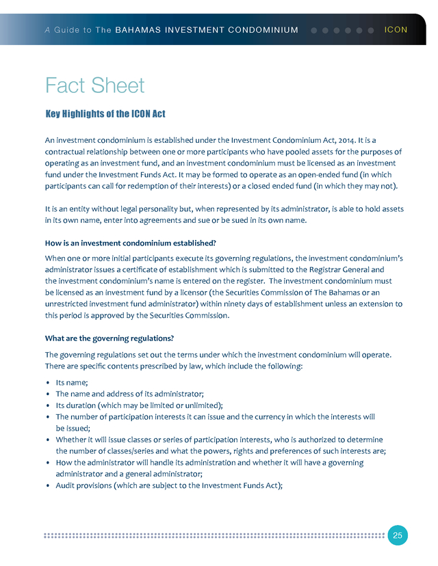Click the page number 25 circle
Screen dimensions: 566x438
pyautogui.click(x=398, y=535)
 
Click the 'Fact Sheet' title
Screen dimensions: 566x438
pyautogui.click(x=94, y=85)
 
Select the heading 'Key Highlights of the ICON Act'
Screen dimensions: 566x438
pyautogui.click(x=105, y=113)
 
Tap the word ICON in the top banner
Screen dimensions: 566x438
pyautogui.click(x=396, y=30)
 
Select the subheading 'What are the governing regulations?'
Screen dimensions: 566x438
pyautogui.click(x=109, y=338)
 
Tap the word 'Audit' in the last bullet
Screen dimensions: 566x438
pyautogui.click(x=66, y=485)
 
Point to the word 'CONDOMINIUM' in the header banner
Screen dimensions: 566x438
pyautogui.click(x=263, y=30)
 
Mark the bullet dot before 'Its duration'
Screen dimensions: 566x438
pyautogui.click(x=47, y=405)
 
